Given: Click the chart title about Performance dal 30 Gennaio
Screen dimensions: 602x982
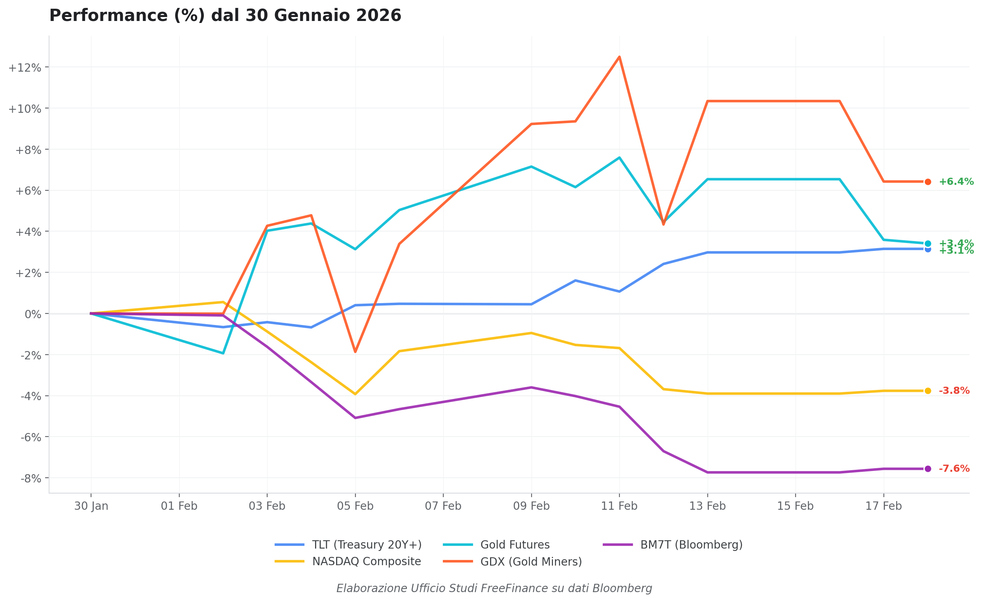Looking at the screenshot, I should coord(225,16).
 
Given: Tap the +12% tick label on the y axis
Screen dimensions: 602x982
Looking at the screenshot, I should coord(25,68).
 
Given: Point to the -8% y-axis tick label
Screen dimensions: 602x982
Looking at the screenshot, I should coord(31,479).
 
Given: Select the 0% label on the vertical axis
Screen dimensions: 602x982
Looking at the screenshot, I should coord(33,314).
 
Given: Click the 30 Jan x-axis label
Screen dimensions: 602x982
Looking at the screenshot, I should coord(91,506).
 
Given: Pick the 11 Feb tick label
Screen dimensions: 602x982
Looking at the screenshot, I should coord(619,506).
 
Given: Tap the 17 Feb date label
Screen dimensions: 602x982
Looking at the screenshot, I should coord(883,506).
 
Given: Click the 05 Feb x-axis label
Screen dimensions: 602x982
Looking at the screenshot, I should coord(355,506).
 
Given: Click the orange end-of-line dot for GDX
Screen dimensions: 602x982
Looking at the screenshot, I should coord(928,182).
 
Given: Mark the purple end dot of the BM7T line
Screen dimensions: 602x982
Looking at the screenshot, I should coord(928,469).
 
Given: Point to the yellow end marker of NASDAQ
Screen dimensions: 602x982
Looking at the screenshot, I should coord(928,391).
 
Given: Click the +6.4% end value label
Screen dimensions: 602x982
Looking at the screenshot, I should coord(956,182).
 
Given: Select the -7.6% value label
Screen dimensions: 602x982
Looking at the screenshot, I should coord(954,469).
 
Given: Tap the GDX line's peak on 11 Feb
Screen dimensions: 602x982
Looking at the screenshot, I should coord(619,57).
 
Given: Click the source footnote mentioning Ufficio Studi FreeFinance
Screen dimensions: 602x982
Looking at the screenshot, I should coord(494,589).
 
